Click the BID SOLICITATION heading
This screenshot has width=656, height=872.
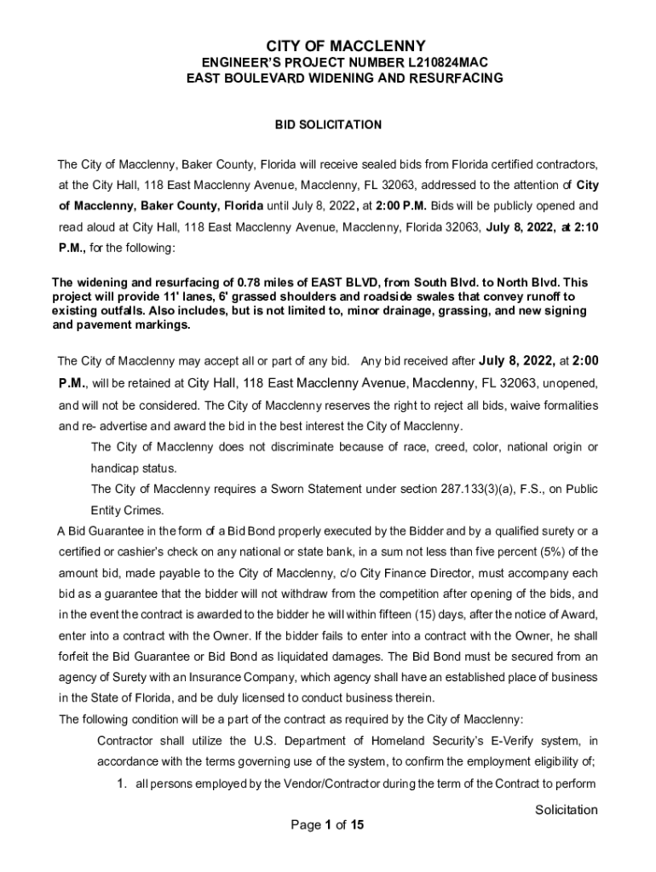tap(328, 125)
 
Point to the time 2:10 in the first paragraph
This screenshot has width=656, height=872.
tap(586, 227)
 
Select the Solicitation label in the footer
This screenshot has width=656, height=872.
tap(566, 810)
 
